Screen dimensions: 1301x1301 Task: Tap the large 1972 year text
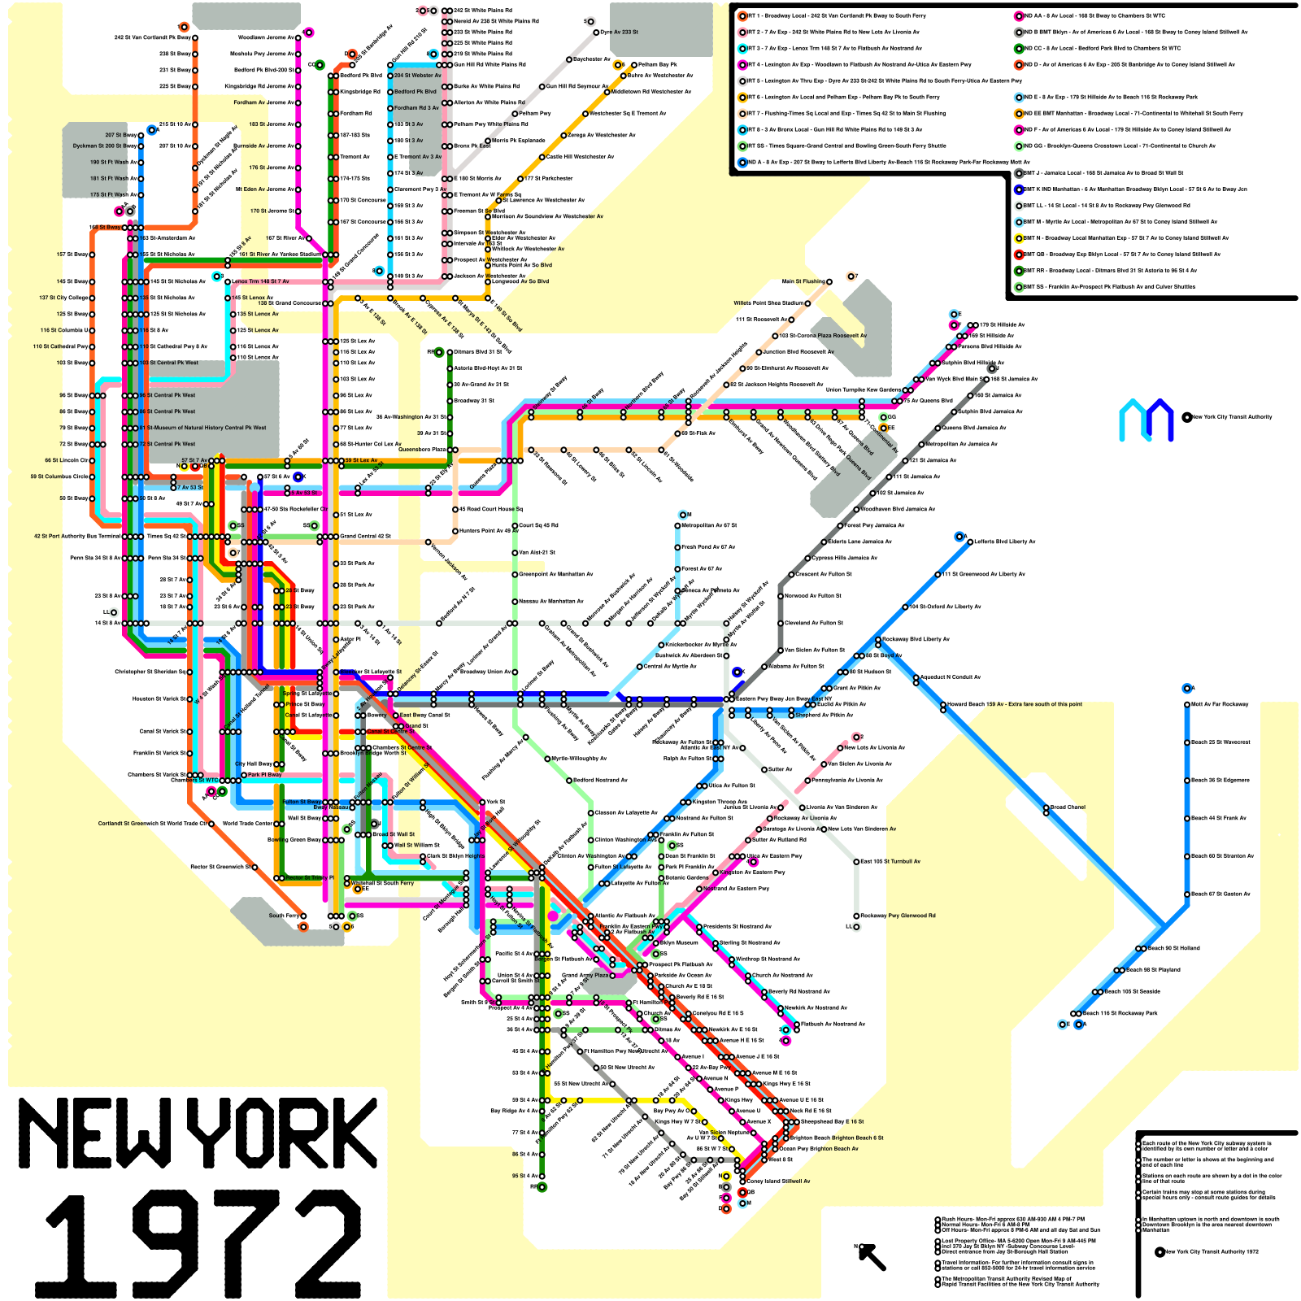199,1244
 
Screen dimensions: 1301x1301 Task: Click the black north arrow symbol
872,1256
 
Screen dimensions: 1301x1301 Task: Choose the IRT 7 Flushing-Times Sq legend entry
846,113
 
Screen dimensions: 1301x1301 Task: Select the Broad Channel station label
1068,807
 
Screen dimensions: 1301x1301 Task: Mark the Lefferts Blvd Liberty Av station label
1004,542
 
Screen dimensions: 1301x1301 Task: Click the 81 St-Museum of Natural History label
207,428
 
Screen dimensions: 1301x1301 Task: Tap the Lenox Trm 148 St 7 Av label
260,281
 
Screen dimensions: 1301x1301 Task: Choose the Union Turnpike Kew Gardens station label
863,389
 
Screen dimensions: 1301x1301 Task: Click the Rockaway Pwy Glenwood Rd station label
898,916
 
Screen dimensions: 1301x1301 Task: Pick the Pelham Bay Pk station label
658,64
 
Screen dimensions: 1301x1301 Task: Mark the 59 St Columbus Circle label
60,476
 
